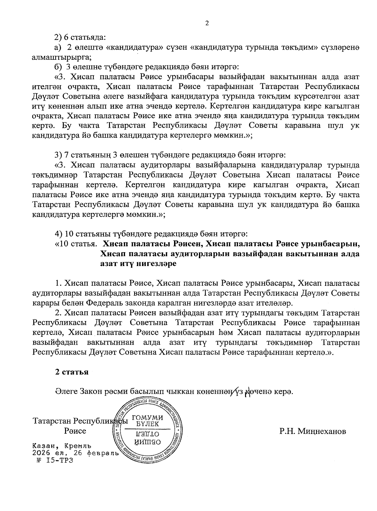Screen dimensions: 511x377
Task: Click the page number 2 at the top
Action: pyautogui.click(x=207, y=23)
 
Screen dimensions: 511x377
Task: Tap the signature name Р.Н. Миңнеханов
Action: pyautogui.click(x=313, y=431)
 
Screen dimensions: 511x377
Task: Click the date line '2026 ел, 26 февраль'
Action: pyautogui.click(x=75, y=453)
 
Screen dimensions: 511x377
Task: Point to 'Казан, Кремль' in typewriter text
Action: pyautogui.click(x=62, y=446)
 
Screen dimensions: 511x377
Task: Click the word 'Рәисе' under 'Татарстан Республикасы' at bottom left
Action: pyautogui.click(x=75, y=431)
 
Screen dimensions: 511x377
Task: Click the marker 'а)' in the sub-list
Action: pyautogui.click(x=58, y=47)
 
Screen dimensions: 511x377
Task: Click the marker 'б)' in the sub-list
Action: pyautogui.click(x=58, y=67)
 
